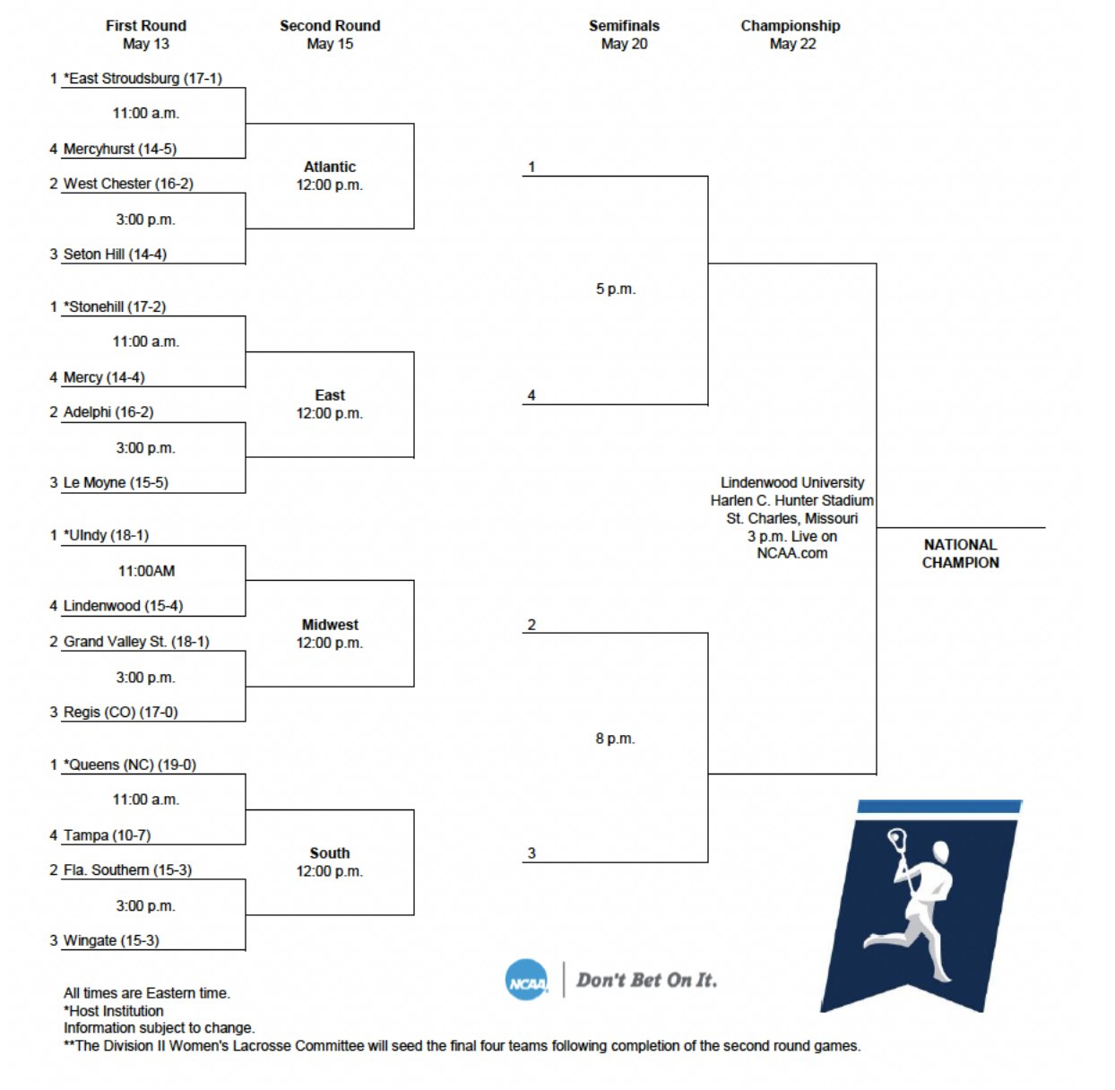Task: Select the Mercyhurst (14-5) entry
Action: coord(119,149)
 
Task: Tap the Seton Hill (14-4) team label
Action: coord(115,255)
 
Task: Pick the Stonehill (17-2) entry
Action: coord(115,307)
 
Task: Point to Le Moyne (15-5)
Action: coord(116,482)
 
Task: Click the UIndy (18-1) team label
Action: coord(107,535)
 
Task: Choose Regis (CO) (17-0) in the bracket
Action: coord(120,712)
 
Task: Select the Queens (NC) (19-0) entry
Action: coord(130,765)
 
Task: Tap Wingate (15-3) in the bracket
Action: coord(111,940)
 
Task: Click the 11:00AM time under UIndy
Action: coord(146,571)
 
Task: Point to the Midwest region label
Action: coord(330,625)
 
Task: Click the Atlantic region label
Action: coord(330,167)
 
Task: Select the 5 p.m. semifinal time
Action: coord(616,290)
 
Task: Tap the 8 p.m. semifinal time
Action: coord(615,739)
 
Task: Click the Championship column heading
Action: coord(791,26)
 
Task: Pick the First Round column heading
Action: coord(146,26)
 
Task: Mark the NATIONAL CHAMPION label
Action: coord(960,553)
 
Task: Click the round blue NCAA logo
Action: coord(526,981)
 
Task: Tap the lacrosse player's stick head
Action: coord(896,841)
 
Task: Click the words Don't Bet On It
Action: coord(646,980)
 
